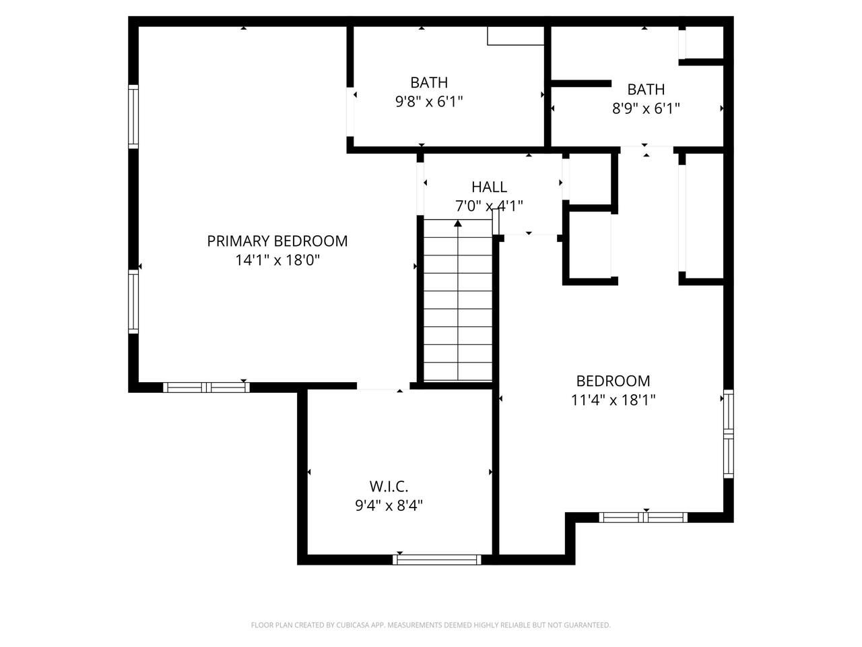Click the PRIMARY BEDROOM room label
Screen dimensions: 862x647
(x=277, y=241)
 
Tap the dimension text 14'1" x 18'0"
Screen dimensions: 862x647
(x=277, y=260)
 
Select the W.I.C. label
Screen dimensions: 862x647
(x=389, y=487)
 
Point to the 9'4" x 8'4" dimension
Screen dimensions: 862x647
(x=389, y=505)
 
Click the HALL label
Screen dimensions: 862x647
(x=489, y=187)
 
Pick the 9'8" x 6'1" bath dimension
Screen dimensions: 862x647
(x=429, y=102)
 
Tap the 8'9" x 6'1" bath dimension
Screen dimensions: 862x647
(x=646, y=109)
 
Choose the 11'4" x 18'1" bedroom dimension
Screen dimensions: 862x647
(x=613, y=400)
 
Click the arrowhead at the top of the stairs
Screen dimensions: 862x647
(x=458, y=223)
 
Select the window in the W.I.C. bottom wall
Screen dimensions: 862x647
(x=436, y=559)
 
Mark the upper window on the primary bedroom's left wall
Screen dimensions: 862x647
(x=133, y=117)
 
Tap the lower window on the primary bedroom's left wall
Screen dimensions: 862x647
(x=133, y=301)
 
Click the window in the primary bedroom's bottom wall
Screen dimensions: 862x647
(x=206, y=388)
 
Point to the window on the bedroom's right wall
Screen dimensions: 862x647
(x=729, y=433)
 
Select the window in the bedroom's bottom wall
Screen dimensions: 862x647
(x=643, y=518)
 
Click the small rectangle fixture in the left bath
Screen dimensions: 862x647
(x=516, y=36)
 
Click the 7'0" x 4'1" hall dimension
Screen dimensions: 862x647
(x=489, y=206)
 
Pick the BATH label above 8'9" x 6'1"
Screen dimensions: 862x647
(x=646, y=90)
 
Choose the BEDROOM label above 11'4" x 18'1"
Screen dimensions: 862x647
(x=613, y=381)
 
